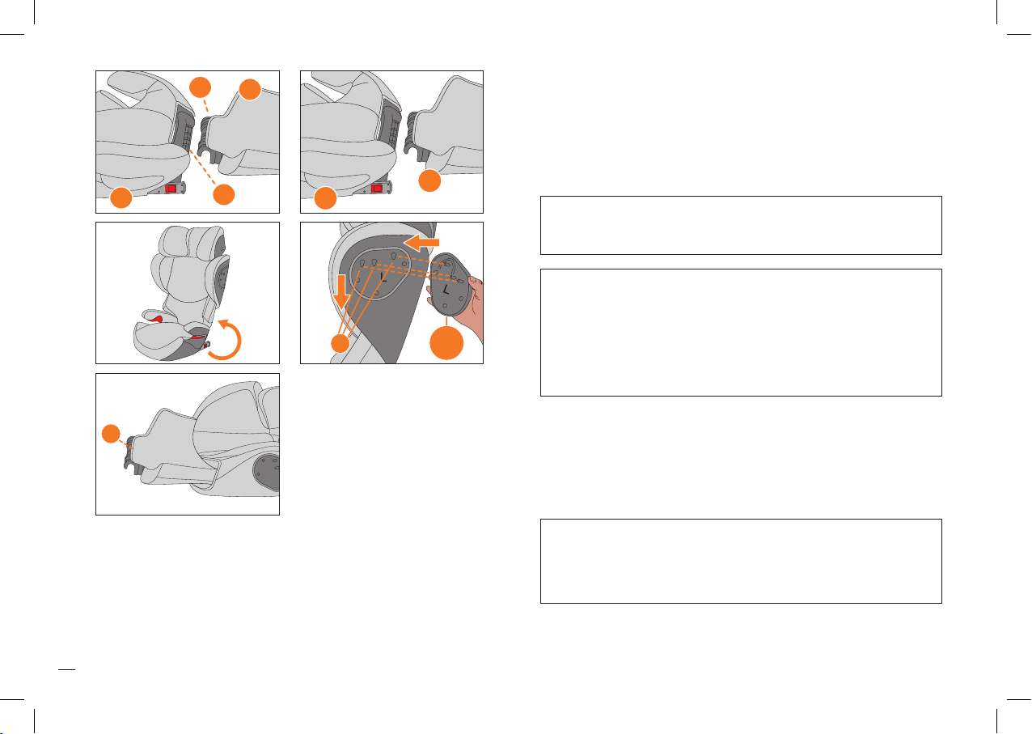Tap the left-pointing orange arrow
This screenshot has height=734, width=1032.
tap(421, 243)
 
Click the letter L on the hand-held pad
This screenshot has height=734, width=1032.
tap(446, 291)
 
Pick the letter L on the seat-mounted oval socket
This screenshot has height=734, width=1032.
tap(383, 277)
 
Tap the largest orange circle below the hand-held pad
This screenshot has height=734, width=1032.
tap(446, 343)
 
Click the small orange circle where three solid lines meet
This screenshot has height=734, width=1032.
tap(340, 343)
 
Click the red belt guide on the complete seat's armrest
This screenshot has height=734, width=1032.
tap(158, 319)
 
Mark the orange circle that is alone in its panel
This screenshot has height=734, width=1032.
tap(111, 434)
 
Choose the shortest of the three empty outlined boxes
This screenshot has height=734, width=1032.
tap(741, 225)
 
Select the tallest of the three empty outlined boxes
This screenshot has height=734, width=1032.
tap(741, 333)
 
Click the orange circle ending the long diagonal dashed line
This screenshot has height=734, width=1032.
tap(224, 194)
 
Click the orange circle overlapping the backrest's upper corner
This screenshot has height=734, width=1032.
tap(250, 90)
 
